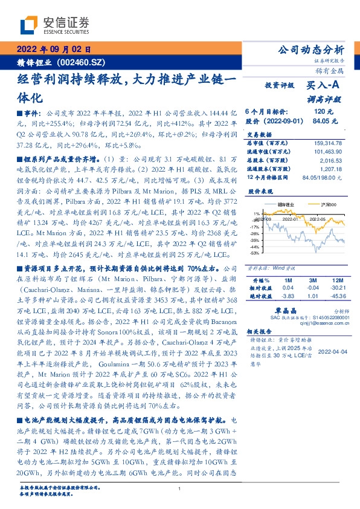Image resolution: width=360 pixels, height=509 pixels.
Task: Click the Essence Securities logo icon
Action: coord(29,25)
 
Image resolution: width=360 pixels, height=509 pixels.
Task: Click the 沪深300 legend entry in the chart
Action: coord(322,205)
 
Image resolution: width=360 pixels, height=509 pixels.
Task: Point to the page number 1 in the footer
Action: coord(180,488)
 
